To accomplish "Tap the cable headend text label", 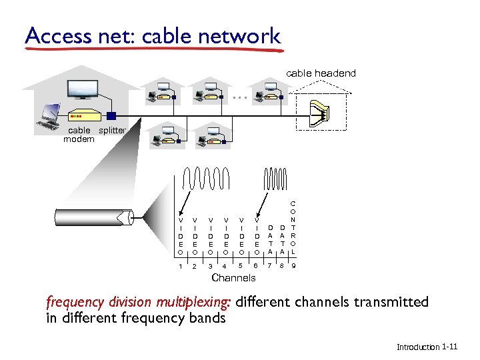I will [x=321, y=73].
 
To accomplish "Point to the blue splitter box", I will [x=111, y=115].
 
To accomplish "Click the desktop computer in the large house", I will [x=51, y=115].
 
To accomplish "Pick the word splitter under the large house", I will [x=112, y=130].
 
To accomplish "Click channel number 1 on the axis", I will [x=179, y=267].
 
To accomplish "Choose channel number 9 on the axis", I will [x=293, y=267].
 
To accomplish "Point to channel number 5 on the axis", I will [x=241, y=267].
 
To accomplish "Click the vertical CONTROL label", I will [x=293, y=227].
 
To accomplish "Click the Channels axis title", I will [x=233, y=278].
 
